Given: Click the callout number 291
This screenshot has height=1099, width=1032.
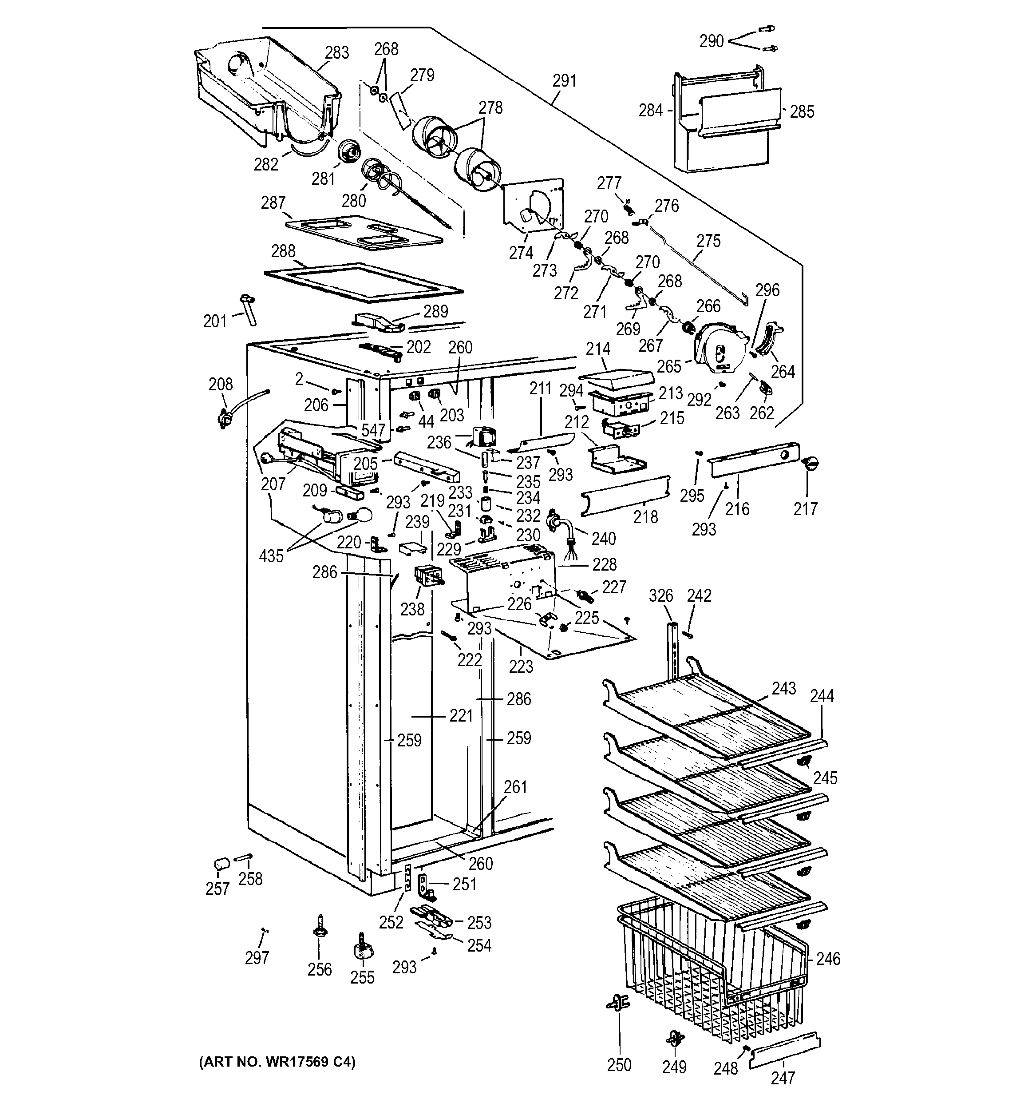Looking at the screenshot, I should tap(564, 81).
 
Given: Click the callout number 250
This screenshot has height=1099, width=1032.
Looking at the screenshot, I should tap(619, 1065).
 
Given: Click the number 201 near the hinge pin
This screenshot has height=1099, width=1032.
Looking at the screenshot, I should tap(215, 321).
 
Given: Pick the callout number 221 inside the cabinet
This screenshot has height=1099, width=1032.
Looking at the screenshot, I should tap(461, 716).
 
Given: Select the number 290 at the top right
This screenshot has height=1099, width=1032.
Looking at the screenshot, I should tap(711, 41).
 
